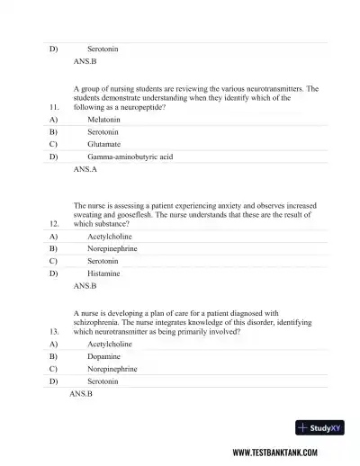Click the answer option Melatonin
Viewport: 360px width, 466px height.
tap(103, 119)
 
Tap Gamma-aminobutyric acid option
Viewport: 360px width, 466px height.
tap(130, 157)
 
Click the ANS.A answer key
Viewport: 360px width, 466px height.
tap(85, 169)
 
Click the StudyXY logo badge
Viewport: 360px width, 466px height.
tap(319, 429)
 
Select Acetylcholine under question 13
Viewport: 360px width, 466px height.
tap(109, 344)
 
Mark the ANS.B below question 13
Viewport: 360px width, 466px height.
tap(81, 394)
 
